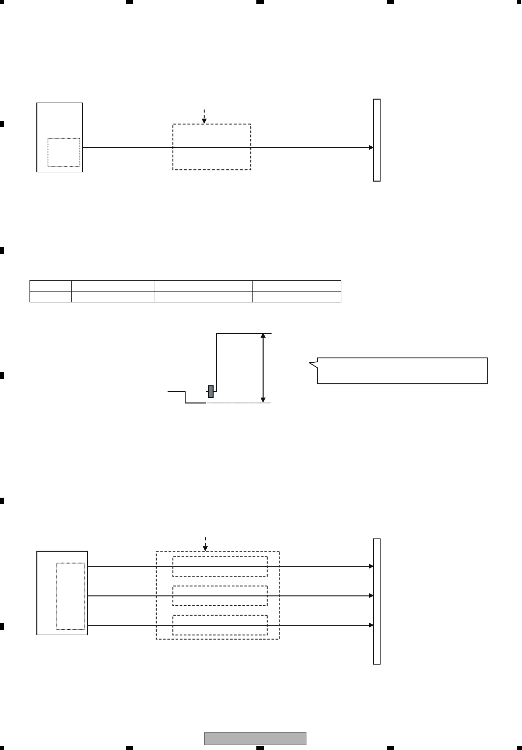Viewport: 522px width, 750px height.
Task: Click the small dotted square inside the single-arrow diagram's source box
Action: [x=64, y=152]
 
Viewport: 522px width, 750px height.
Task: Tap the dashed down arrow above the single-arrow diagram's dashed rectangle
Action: [x=204, y=116]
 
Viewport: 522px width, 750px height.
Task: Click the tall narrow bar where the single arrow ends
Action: [x=377, y=140]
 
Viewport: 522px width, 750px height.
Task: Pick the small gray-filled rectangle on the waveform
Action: [x=211, y=391]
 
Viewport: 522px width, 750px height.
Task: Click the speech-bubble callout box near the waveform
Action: [x=402, y=370]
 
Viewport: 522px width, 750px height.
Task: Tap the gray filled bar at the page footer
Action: [x=255, y=738]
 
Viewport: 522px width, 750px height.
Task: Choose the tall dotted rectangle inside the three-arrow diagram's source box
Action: [x=71, y=596]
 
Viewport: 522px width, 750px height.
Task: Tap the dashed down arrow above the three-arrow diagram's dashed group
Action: [x=206, y=543]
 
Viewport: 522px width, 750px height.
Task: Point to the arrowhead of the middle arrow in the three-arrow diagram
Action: [x=371, y=596]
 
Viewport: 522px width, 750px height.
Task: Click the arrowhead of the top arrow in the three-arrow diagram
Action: [x=371, y=566]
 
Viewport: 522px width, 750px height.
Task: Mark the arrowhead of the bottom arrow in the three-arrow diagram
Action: [x=371, y=625]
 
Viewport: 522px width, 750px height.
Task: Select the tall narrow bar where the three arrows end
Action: [x=377, y=601]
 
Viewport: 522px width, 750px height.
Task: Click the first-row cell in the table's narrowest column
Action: [x=51, y=286]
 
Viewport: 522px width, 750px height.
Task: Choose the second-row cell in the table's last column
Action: [x=297, y=296]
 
